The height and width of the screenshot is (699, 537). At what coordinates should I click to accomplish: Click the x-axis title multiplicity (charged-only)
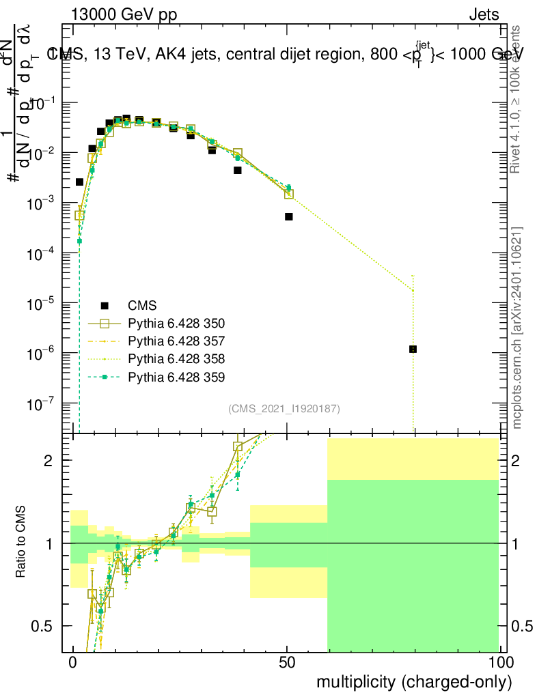coord(413,682)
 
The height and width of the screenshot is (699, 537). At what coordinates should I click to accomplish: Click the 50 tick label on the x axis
coord(288,662)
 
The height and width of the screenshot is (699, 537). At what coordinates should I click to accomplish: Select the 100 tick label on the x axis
coord(499,662)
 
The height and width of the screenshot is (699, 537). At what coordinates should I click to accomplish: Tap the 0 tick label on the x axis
coord(73,662)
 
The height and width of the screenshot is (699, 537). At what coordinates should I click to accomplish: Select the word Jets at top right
coord(483,14)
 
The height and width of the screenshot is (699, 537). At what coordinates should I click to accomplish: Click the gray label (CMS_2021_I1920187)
coord(284,408)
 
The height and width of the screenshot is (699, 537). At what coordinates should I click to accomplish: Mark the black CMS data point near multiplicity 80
coord(413,349)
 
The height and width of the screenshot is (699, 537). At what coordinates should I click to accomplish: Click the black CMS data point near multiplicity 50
coord(289,216)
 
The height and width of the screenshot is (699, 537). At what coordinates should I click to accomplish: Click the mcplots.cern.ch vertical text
coord(517,328)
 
